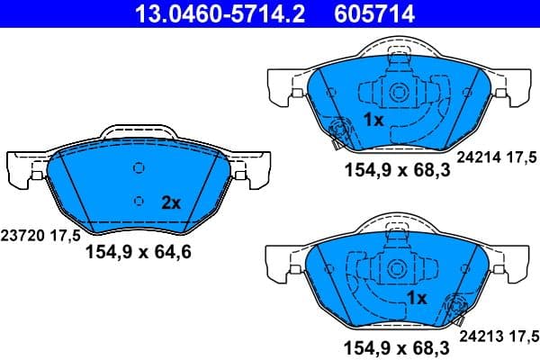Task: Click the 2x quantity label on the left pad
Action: [171, 203]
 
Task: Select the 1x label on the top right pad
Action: [373, 120]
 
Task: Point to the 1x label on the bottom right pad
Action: [416, 297]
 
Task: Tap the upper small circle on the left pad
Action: [138, 168]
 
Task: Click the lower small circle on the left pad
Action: [138, 201]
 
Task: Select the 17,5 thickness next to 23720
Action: [68, 235]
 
